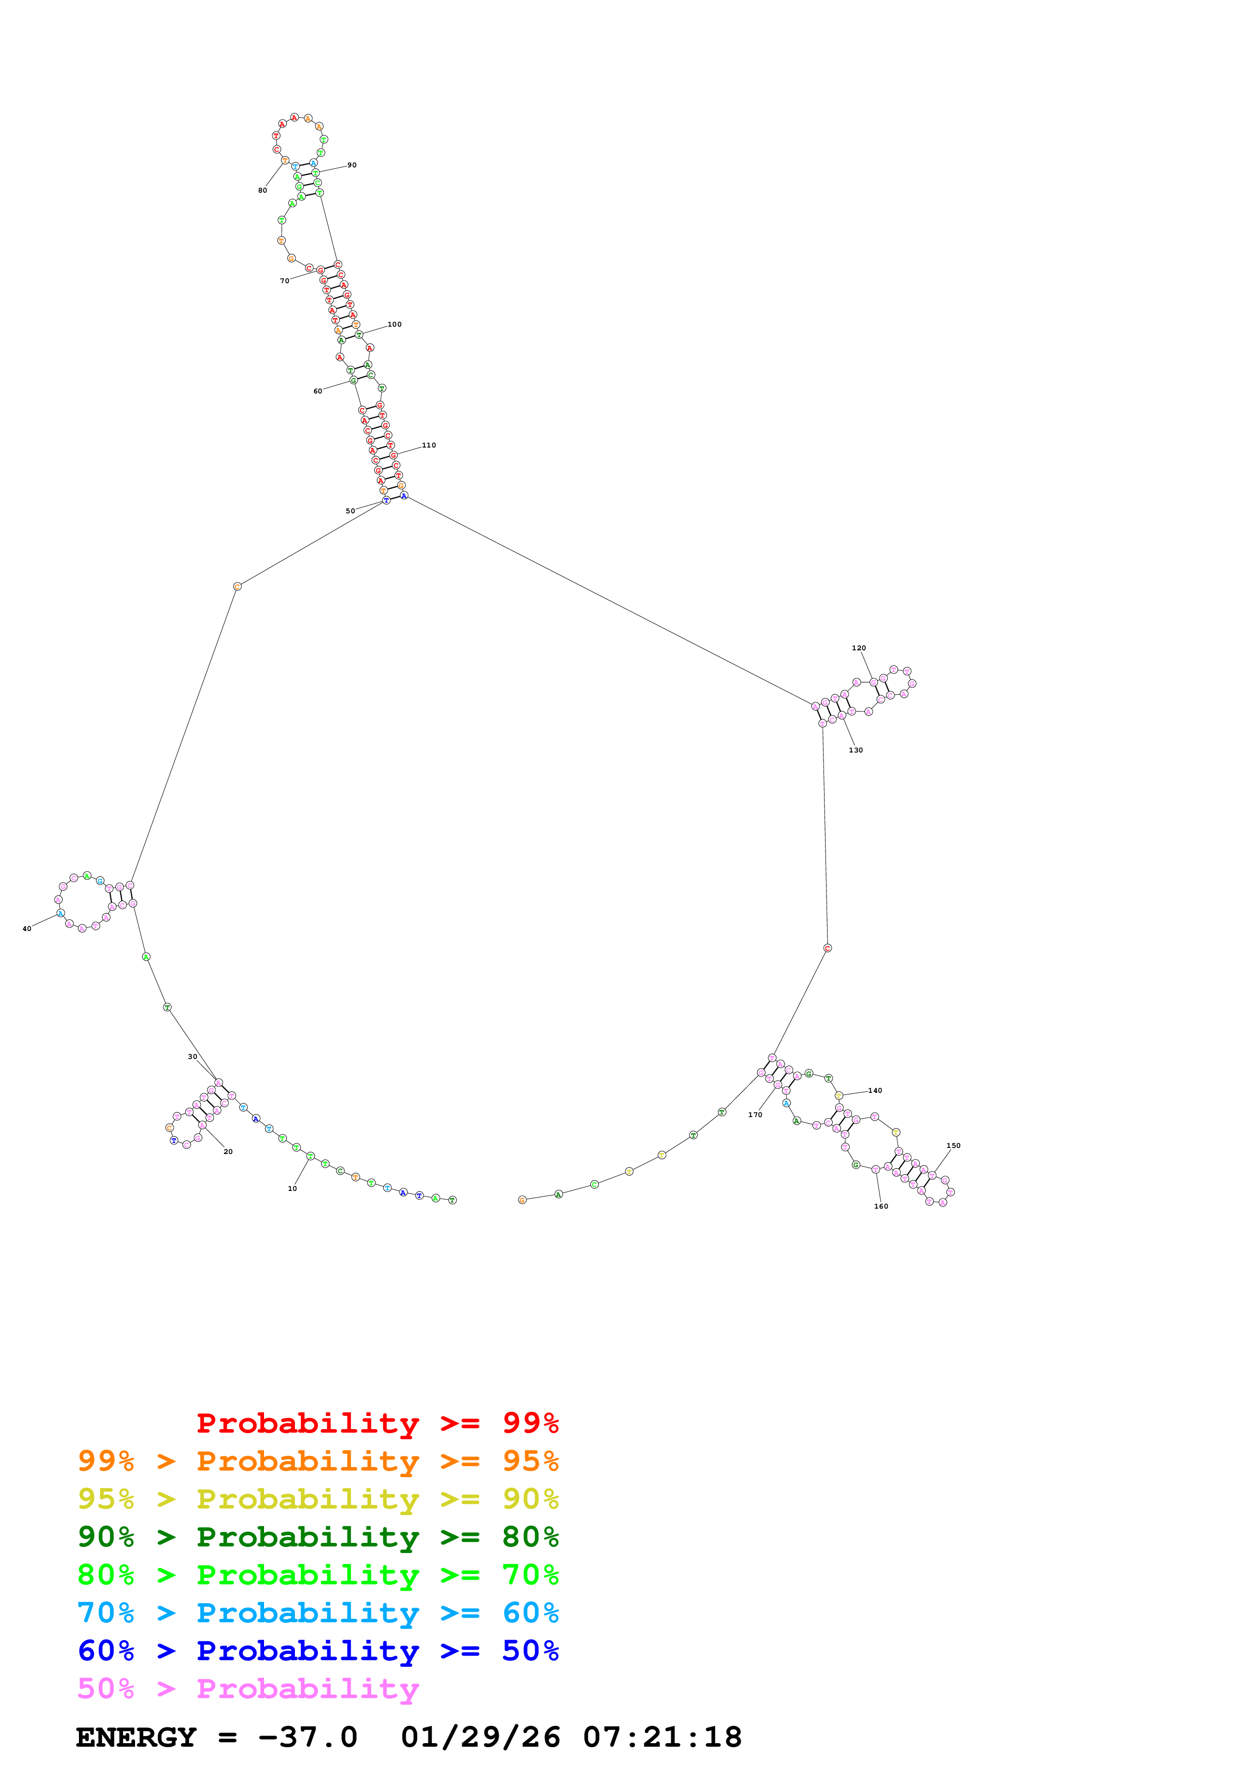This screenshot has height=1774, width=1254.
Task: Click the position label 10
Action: point(292,1188)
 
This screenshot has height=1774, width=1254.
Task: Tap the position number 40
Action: point(27,929)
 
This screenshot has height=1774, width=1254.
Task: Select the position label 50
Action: point(350,511)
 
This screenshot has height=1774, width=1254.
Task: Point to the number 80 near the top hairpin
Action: point(263,190)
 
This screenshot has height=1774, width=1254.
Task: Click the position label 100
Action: point(395,325)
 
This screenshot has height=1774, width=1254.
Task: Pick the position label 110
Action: point(429,445)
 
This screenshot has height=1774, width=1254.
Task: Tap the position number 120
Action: point(858,648)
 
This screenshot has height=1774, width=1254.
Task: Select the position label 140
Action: point(875,1090)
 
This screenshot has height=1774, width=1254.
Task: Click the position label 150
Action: point(954,1146)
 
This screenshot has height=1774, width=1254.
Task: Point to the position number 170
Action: point(755,1115)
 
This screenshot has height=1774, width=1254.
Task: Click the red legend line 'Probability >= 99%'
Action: point(377,1423)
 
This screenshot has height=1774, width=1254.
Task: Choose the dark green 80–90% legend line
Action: point(318,1537)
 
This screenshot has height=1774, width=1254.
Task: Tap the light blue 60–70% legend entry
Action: point(318,1613)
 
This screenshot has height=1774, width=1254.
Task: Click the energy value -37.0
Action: point(308,1737)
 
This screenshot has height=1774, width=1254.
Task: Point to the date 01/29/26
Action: point(481,1737)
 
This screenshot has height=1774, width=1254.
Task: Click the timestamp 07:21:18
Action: point(662,1737)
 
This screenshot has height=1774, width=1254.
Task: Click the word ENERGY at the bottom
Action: point(136,1737)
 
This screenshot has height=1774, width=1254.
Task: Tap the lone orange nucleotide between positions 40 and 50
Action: point(237,587)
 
